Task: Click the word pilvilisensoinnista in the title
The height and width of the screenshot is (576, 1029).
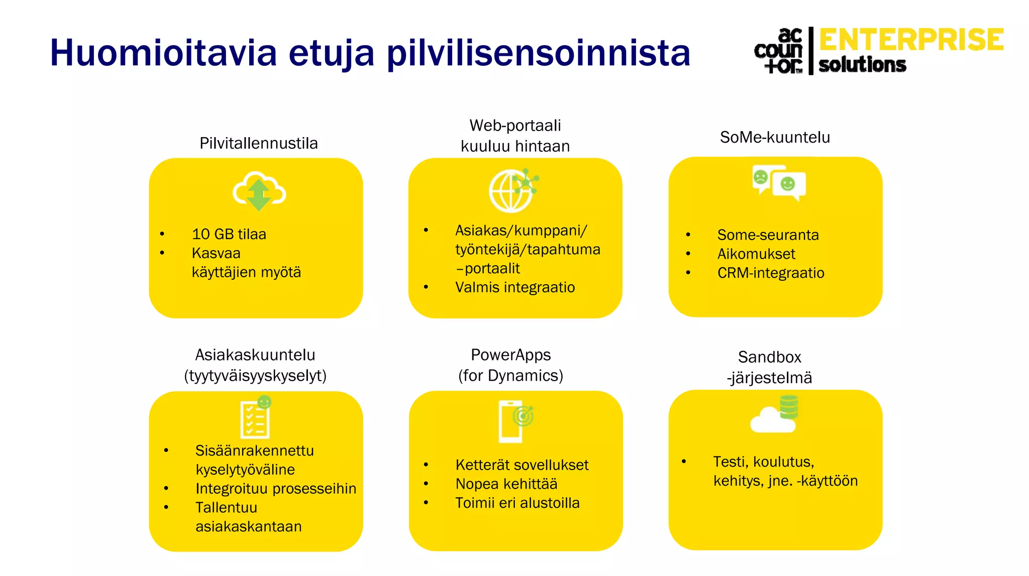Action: [x=538, y=53]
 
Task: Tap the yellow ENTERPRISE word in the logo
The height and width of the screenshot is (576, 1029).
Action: [x=911, y=40]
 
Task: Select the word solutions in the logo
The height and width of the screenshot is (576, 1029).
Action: [x=862, y=65]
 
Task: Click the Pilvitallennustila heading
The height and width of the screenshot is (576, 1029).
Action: [x=258, y=144]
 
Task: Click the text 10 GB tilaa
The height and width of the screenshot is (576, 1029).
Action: [x=229, y=234]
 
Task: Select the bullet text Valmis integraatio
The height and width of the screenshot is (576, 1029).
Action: [x=514, y=287]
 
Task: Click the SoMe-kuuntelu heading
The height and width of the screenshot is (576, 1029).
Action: [x=774, y=137]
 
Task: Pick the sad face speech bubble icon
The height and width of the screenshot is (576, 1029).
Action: [x=762, y=178]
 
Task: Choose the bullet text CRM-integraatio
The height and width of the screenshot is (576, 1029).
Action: [x=770, y=273]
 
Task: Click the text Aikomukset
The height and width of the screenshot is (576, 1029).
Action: [x=756, y=254]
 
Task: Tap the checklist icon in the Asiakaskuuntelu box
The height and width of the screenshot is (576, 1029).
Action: [x=255, y=419]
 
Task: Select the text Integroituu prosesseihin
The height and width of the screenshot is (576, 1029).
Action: [x=275, y=488]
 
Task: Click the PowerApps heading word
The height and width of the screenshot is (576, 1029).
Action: [x=510, y=355]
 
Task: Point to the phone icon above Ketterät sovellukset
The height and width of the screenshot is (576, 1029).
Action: [x=510, y=422]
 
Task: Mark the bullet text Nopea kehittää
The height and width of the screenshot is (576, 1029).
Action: [x=506, y=484]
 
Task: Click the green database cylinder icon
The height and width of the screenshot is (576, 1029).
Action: [x=788, y=407]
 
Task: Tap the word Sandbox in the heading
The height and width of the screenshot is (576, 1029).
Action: [x=769, y=357]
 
